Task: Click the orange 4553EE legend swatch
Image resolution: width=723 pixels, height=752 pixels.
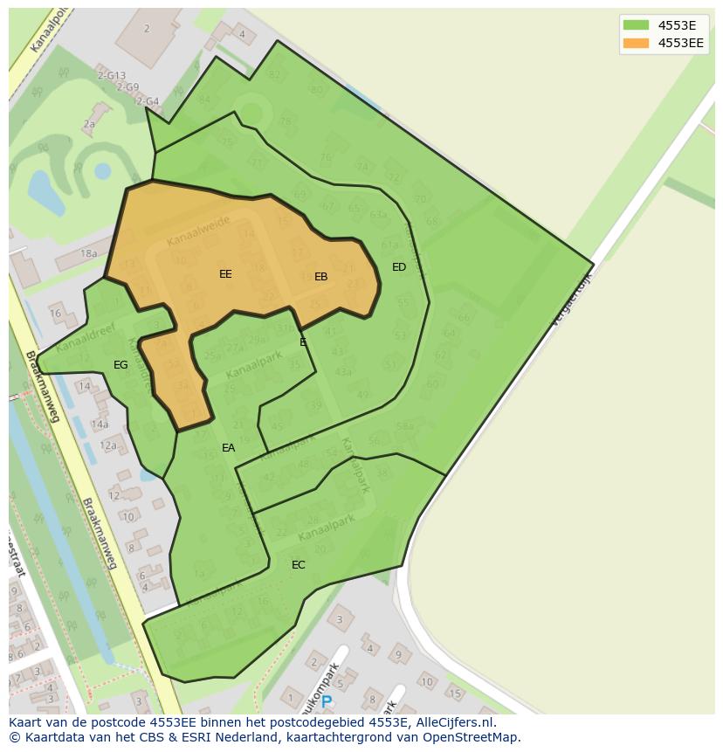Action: coord(635,43)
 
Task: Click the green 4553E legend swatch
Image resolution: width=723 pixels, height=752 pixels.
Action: coord(635,25)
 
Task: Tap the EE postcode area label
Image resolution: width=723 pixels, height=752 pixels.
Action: coord(225,274)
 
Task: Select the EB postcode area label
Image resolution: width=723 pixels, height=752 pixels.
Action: coord(320,277)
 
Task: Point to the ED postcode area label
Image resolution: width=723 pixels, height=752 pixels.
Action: coord(399,267)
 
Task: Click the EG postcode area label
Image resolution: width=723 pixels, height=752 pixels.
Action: coord(120,365)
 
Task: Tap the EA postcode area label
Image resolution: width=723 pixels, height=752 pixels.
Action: coord(228,448)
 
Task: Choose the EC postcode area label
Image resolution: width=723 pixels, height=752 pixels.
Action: coord(298,565)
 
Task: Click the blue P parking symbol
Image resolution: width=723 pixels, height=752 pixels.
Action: coord(326,701)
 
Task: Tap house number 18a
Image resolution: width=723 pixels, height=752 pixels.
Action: coord(88,253)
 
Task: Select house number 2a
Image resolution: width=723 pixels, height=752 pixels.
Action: coord(89,125)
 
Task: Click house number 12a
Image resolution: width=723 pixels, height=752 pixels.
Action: coord(107,445)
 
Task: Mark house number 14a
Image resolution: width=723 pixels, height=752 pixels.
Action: coord(100,424)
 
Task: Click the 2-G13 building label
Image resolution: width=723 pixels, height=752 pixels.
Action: coord(111,76)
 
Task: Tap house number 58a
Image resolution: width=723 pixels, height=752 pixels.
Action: coord(404,426)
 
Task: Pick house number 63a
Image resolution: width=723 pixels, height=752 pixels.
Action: coord(377,215)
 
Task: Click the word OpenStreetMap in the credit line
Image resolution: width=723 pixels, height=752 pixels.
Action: coord(476,737)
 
